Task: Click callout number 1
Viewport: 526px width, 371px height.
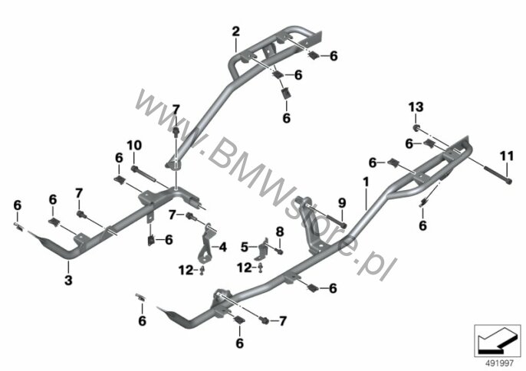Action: click(x=366, y=182)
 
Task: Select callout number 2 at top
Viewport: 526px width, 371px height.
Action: click(x=236, y=31)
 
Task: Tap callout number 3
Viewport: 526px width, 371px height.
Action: click(x=68, y=280)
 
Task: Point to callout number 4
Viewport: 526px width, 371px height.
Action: click(x=222, y=248)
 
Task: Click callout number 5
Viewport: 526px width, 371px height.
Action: click(x=245, y=248)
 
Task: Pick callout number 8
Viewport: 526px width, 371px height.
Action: click(x=280, y=231)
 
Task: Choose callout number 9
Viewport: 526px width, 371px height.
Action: click(x=342, y=202)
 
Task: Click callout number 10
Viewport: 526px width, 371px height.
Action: click(x=134, y=145)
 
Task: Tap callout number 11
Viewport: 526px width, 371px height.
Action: click(x=507, y=156)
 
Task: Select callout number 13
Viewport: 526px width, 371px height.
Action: click(x=416, y=107)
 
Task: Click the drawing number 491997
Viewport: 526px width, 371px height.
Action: click(x=500, y=363)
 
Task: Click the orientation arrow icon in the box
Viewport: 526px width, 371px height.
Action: click(x=497, y=341)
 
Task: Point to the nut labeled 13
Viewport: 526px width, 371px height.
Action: click(x=416, y=127)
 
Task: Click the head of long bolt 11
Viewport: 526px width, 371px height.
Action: click(x=508, y=182)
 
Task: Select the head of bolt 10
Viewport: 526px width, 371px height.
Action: click(x=134, y=169)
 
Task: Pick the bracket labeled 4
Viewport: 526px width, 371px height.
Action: click(x=205, y=243)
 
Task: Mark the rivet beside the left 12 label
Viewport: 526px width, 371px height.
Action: click(x=202, y=270)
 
